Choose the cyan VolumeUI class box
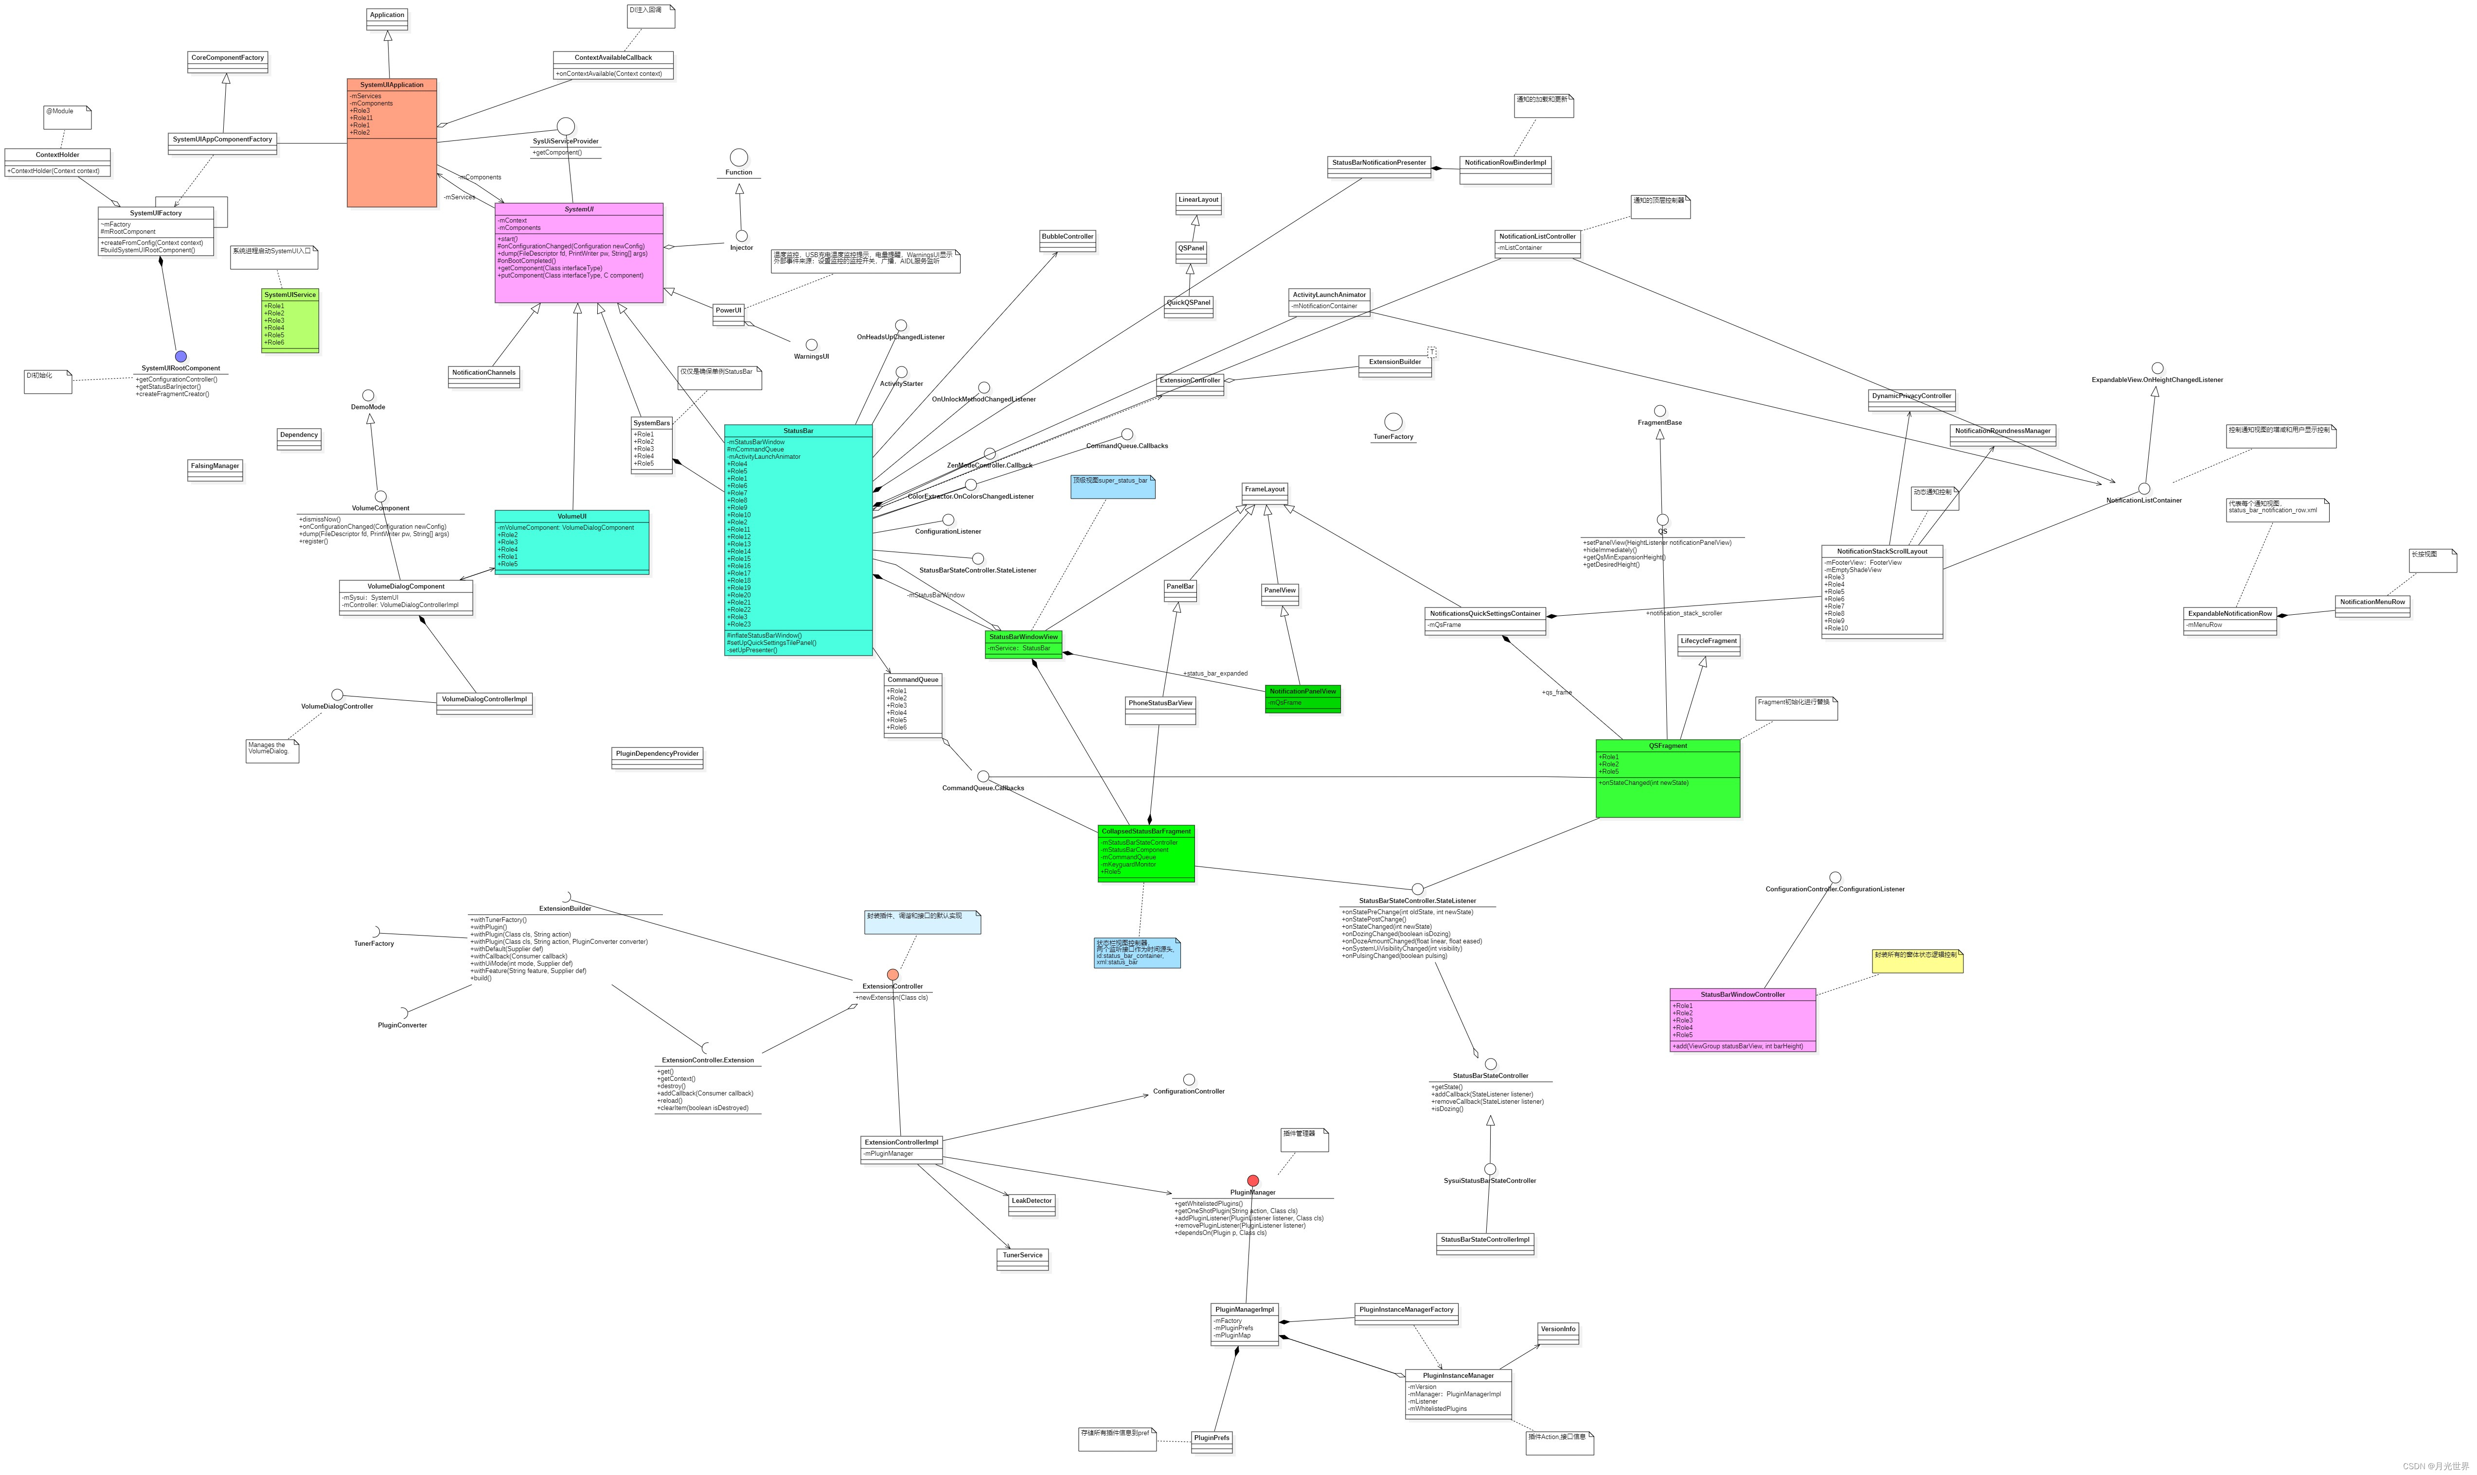[572, 542]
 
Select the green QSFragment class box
[1668, 778]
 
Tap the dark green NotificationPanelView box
[1302, 698]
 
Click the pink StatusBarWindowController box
[1742, 1020]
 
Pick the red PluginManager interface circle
[1253, 1181]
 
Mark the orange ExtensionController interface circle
[893, 975]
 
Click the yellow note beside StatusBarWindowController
[1917, 960]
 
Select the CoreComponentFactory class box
[228, 62]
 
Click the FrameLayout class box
[1265, 493]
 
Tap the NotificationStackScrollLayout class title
[1881, 551]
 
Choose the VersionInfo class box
[1558, 1333]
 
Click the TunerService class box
[1022, 1258]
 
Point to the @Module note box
[67, 116]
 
